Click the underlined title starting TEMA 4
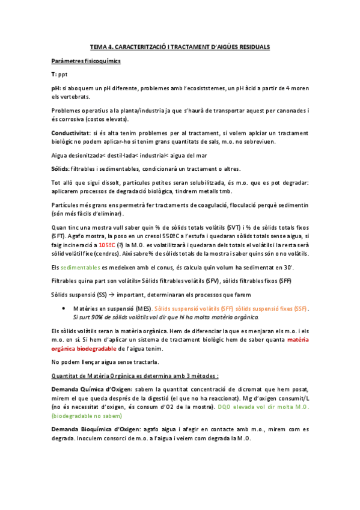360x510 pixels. (x=180, y=46)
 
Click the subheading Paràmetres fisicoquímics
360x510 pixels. (x=86, y=61)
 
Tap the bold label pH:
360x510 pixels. (x=56, y=88)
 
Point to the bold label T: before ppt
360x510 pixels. (x=54, y=74)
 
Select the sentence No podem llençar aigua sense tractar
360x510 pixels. (x=106, y=362)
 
